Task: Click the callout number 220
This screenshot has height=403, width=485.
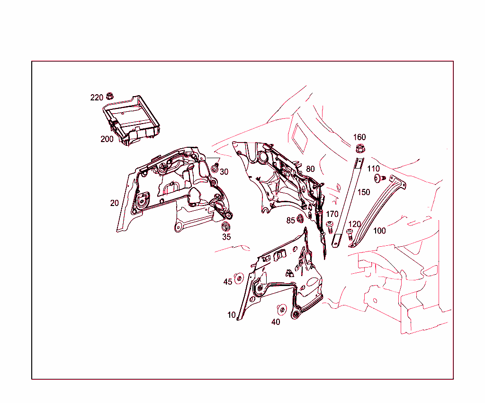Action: click(x=97, y=98)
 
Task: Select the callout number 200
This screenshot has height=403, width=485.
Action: click(x=107, y=139)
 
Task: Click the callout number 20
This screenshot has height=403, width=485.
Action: click(x=115, y=203)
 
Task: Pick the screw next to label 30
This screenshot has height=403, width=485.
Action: click(x=215, y=167)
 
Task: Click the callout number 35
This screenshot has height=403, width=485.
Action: click(x=226, y=237)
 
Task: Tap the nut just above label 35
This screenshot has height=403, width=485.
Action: click(x=226, y=225)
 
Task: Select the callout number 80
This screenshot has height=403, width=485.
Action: click(x=310, y=169)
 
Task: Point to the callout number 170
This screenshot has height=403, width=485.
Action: click(x=332, y=214)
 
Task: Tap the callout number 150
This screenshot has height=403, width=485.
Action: click(x=364, y=192)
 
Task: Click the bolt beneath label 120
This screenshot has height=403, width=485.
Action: click(x=350, y=233)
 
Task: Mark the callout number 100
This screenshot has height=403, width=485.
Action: click(x=379, y=231)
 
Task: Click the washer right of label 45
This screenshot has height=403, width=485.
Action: click(x=239, y=278)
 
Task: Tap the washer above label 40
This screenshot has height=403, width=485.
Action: click(x=281, y=309)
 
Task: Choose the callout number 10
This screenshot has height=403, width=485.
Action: click(x=231, y=315)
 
